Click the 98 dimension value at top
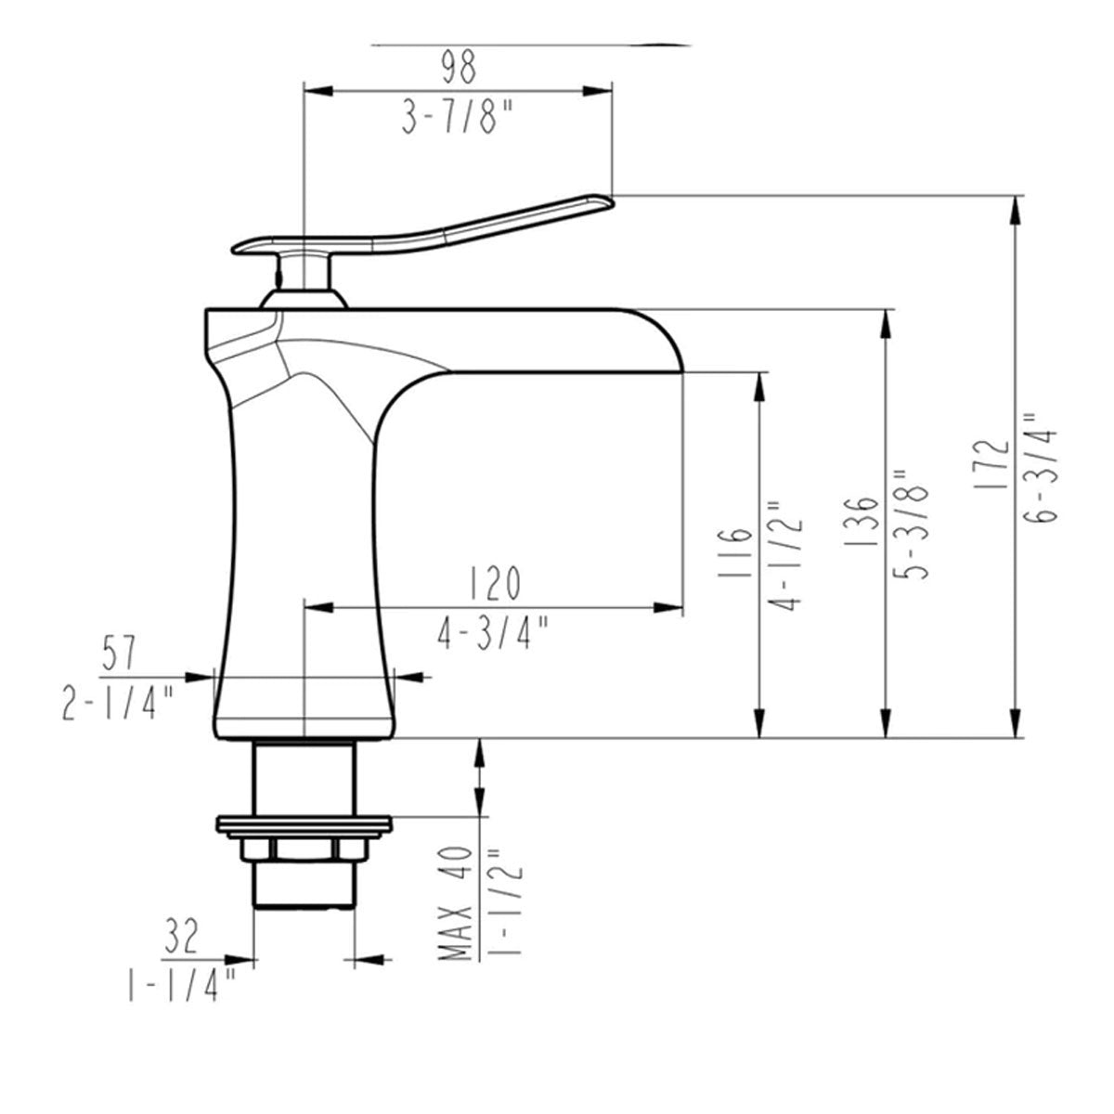(x=459, y=67)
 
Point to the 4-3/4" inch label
(x=492, y=633)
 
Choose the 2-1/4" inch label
(x=117, y=703)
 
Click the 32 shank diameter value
(x=181, y=936)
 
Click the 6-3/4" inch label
(x=1042, y=475)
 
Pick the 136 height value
(x=861, y=520)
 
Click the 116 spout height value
(x=734, y=552)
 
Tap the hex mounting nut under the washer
(x=304, y=848)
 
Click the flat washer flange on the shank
(x=304, y=823)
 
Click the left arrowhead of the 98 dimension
(x=318, y=91)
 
